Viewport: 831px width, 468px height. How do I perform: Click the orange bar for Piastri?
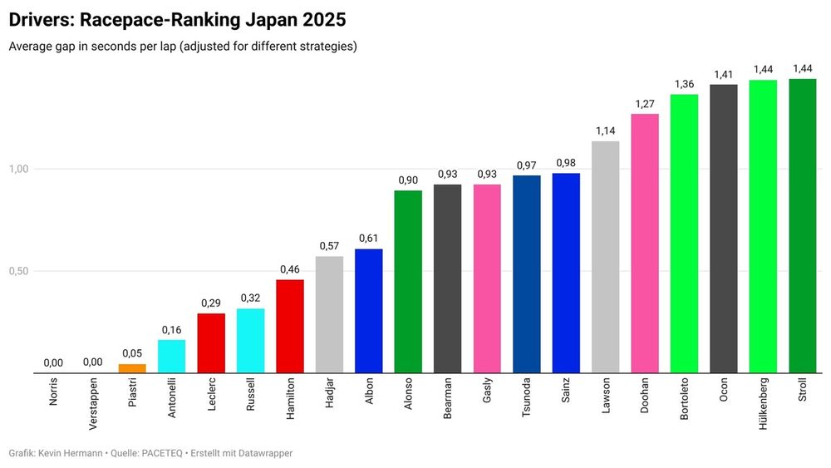point(132,368)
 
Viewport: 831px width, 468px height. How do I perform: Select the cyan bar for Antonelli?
point(171,357)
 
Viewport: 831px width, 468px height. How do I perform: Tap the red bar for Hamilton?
point(290,326)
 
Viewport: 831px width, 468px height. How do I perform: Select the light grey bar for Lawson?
point(605,257)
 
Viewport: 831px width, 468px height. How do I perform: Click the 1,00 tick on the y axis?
point(19,169)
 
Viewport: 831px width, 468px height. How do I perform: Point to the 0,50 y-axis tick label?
point(19,271)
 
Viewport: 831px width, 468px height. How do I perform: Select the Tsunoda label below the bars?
point(527,400)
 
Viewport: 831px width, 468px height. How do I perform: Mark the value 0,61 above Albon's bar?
point(369,239)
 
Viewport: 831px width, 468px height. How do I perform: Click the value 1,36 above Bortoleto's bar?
point(684,84)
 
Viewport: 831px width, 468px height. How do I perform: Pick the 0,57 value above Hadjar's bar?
point(329,246)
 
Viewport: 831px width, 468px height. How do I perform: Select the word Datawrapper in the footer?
point(263,453)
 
